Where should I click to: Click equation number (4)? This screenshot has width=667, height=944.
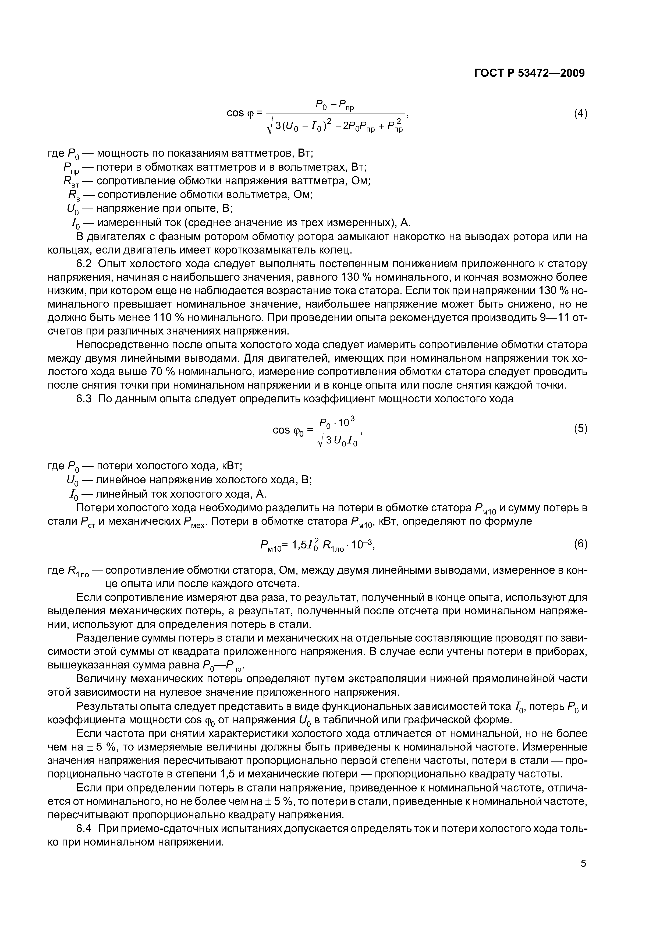click(x=580, y=114)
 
